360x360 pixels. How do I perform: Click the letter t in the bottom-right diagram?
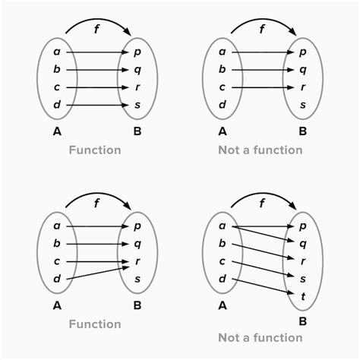(303, 296)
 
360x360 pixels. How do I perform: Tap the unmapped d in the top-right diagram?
(223, 104)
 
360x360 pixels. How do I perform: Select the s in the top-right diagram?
(303, 105)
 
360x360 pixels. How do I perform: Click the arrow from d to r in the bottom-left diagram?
(98, 273)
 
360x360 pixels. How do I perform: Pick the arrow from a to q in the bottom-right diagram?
(264, 234)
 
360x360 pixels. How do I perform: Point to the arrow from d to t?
(264, 286)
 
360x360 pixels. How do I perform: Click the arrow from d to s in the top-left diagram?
(98, 105)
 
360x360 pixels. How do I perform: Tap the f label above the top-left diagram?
(96, 29)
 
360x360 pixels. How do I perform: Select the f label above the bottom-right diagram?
(262, 203)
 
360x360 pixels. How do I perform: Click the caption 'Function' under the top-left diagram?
(95, 150)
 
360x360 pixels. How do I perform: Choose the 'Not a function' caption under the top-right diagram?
(261, 150)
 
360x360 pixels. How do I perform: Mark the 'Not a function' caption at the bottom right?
(261, 337)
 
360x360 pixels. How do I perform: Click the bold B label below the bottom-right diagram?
(303, 321)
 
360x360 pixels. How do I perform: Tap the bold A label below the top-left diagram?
(57, 131)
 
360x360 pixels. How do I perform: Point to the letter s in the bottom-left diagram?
(137, 279)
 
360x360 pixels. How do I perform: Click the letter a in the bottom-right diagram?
(223, 226)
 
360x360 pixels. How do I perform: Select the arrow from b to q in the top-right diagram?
(263, 70)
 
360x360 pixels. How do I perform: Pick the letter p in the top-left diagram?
(137, 52)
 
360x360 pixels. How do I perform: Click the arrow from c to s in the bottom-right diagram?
(264, 269)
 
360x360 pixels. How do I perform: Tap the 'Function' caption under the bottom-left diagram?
(95, 324)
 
